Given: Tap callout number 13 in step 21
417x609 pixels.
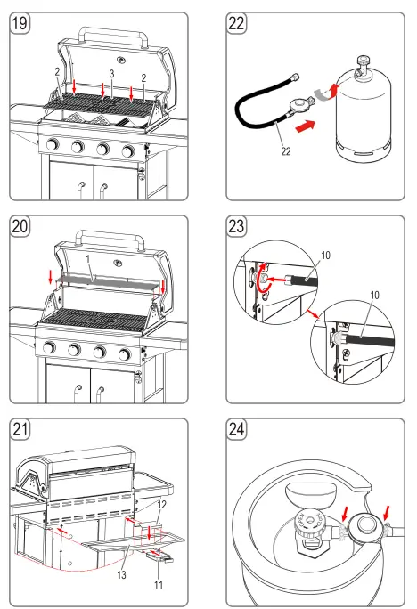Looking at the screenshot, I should point(121,575).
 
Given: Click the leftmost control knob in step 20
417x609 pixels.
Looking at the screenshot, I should point(53,353).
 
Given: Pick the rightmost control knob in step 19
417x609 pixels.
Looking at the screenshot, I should point(127,149).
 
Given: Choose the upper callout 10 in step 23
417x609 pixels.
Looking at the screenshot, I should point(325,256).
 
